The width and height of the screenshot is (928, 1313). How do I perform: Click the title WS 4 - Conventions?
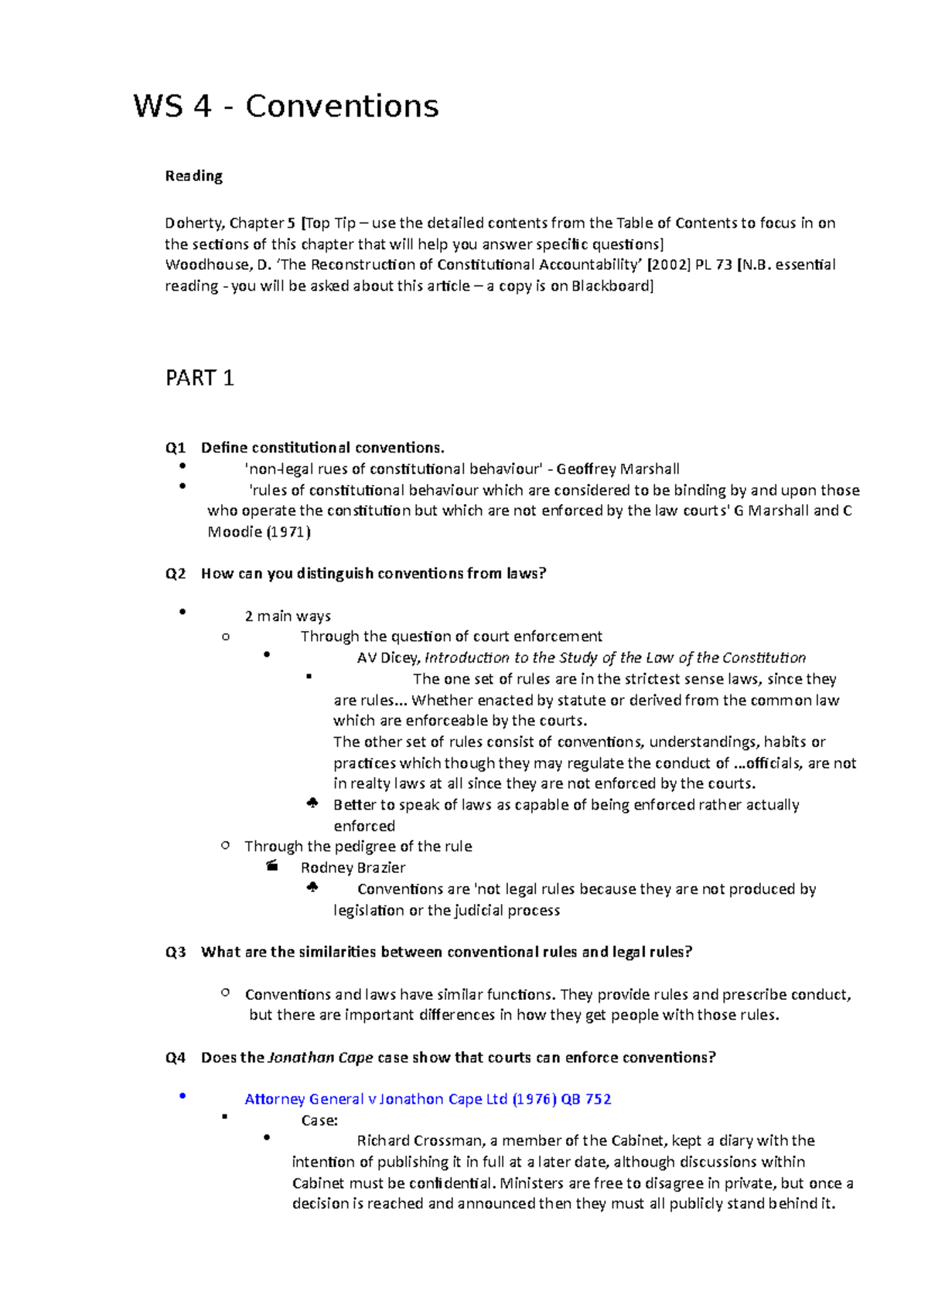286,106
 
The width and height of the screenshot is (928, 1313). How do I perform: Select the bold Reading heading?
193,176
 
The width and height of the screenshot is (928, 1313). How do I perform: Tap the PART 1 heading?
200,378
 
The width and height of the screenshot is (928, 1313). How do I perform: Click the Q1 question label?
176,448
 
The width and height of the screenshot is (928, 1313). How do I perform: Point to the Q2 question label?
176,574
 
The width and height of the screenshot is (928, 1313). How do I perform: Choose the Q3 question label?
176,952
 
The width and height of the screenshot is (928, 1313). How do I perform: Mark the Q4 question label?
176,1058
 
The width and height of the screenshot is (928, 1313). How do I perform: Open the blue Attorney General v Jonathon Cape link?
428,1099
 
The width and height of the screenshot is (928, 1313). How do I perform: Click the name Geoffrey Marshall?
618,469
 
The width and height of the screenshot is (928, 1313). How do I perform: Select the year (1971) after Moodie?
288,532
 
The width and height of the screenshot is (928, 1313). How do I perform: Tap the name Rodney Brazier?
353,868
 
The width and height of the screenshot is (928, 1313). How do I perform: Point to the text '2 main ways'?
288,616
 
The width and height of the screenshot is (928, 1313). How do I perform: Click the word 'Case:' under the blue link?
319,1120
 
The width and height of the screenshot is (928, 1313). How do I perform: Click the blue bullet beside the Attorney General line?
183,1096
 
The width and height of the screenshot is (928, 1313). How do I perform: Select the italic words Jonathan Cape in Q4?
320,1058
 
